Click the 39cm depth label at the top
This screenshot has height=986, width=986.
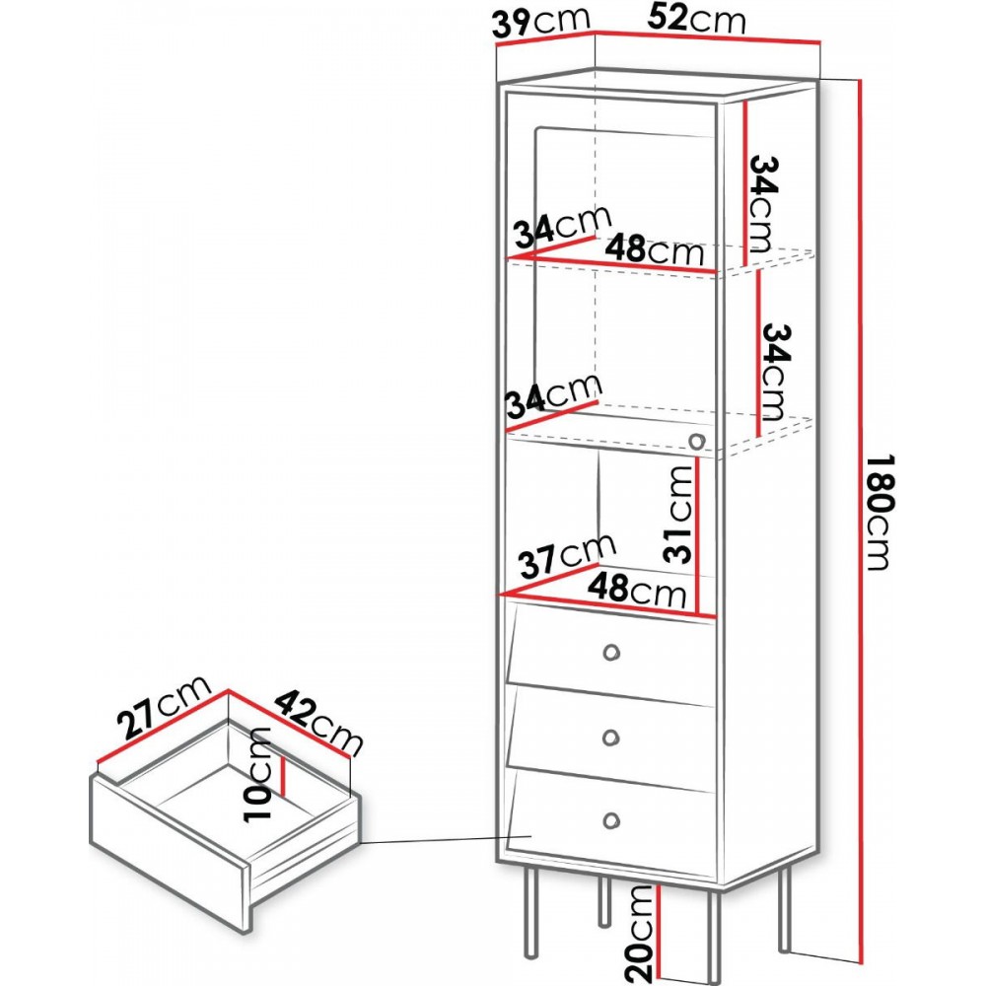pos(540,23)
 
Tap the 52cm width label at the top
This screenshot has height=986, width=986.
pos(696,19)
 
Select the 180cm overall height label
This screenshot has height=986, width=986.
pos(878,512)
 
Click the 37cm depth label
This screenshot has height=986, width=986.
pos(567,554)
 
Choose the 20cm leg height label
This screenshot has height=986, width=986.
pos(641,935)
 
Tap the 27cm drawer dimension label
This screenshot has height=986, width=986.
pos(166,707)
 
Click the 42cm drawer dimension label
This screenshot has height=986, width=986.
pos(319,721)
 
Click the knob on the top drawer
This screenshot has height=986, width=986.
pos(610,653)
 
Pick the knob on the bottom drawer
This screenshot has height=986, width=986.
pos(610,820)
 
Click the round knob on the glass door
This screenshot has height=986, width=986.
pos(696,441)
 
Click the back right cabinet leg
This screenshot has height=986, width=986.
pos(784,907)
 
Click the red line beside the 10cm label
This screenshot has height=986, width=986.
pos(284,776)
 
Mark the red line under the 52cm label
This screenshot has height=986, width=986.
pos(707,37)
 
